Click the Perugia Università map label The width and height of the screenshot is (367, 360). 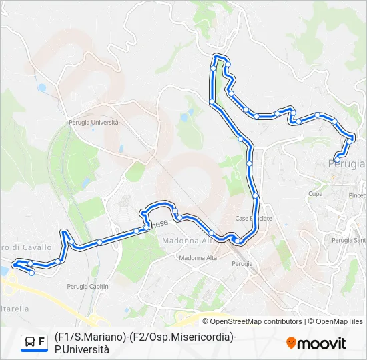[93, 122]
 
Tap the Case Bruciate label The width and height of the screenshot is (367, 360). [253, 219]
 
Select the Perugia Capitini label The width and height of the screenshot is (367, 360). [88, 286]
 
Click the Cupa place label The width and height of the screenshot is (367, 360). [316, 193]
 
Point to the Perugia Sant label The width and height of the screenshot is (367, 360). [349, 240]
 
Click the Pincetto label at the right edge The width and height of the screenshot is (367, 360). [358, 195]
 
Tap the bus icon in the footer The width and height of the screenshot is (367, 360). [30, 342]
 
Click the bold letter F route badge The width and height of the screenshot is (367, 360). [42, 342]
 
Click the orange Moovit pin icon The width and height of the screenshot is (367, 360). [291, 343]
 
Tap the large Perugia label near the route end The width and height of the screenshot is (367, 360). [347, 163]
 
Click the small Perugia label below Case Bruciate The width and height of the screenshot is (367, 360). [242, 264]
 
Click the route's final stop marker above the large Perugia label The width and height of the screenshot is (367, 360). [338, 159]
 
